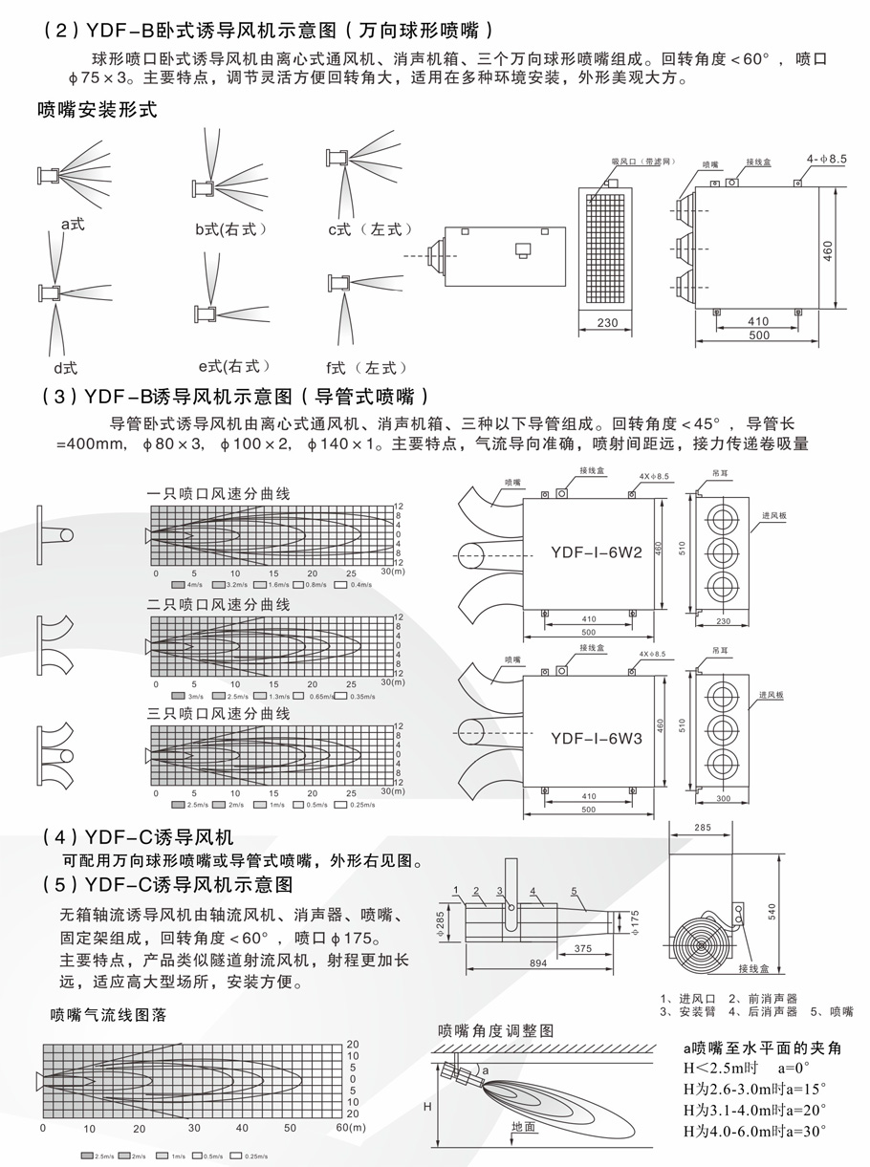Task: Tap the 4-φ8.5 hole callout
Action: tap(826, 159)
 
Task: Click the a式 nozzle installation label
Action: tap(74, 225)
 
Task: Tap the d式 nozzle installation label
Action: tap(65, 367)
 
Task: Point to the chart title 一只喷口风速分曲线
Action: tap(218, 493)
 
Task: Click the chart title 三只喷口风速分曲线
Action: tap(218, 714)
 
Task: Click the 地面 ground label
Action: tap(523, 1127)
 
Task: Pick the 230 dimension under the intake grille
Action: tap(607, 322)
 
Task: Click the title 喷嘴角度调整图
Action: tap(495, 1030)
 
